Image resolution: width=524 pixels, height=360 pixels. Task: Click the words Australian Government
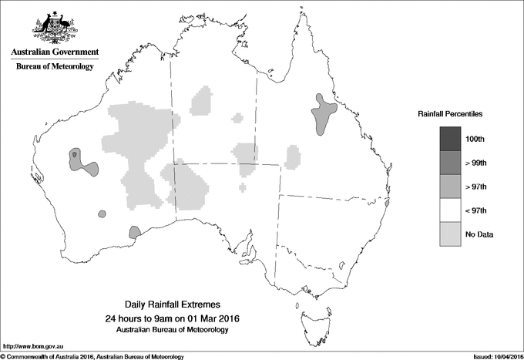[54, 52]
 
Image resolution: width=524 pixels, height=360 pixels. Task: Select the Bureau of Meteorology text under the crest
[54, 67]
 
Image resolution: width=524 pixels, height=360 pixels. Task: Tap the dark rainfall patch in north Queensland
[321, 115]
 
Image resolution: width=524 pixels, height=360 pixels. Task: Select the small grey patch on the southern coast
[134, 232]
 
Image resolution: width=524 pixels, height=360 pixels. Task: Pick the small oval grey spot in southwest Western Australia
[99, 213]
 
